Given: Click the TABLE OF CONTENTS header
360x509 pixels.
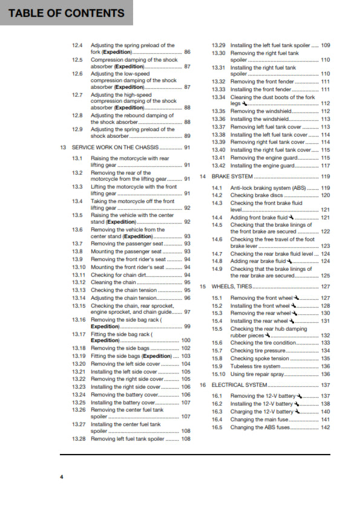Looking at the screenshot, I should (67, 13).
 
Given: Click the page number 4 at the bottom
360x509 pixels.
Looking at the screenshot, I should (61, 477).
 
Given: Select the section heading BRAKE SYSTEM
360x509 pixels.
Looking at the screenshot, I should (232, 177).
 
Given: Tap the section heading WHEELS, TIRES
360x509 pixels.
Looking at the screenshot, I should (234, 287).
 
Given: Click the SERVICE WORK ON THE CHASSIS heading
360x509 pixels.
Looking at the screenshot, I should (117, 148).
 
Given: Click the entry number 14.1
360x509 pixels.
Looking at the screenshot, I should (217, 188).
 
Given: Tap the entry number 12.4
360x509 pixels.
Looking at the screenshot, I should (77, 45).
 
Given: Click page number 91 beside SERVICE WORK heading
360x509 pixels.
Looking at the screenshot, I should (188, 148).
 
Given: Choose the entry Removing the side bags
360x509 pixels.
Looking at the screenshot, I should (119, 349).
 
